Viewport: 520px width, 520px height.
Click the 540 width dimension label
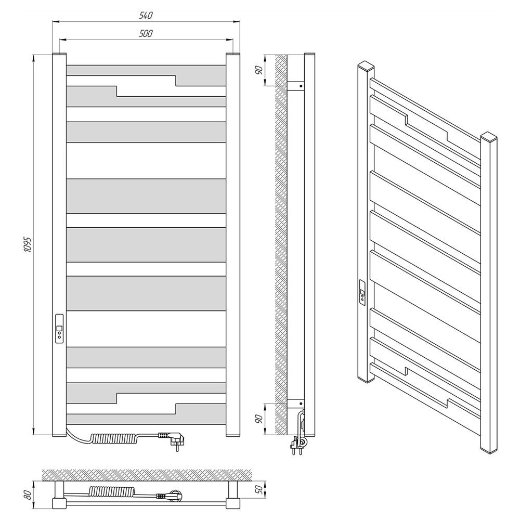(146, 15)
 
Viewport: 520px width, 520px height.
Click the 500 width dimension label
(146, 33)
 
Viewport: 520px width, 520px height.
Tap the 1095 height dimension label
(28, 245)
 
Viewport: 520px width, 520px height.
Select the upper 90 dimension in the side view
(259, 70)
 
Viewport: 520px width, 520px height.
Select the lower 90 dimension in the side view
(259, 419)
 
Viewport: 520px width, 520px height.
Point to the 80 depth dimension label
(28, 495)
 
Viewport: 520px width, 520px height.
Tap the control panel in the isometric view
(363, 292)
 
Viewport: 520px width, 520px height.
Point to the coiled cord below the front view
(115, 438)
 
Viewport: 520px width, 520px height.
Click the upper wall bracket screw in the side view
(301, 86)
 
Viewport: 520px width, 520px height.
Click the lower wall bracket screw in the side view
(301, 404)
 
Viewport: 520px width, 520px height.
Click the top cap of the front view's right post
(233, 54)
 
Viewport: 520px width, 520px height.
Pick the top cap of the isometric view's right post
(489, 136)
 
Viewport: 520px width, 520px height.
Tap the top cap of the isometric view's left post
(366, 65)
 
